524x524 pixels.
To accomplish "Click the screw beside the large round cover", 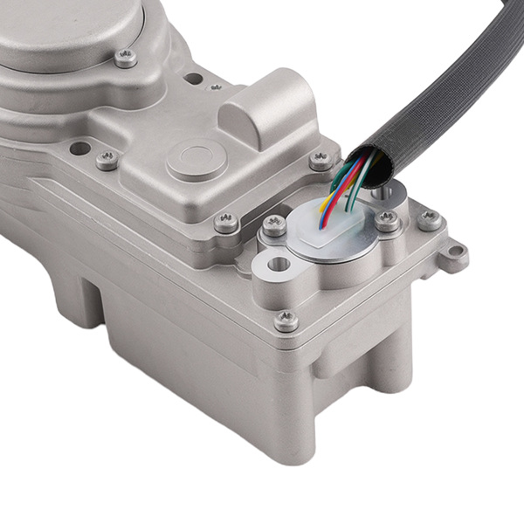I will (126, 59).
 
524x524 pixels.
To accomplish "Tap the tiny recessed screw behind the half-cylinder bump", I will (215, 86).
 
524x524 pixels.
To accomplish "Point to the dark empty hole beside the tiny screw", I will (193, 79).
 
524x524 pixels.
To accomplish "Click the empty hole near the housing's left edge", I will (79, 148).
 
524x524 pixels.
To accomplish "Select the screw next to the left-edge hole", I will (107, 160).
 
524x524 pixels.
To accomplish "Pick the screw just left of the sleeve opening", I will (321, 160).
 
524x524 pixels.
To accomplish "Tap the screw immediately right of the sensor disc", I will (387, 221).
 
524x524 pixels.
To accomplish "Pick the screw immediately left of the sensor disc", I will (274, 225).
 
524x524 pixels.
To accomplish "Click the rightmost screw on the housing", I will (429, 220).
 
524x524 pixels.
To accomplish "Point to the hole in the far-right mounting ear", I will (453, 254).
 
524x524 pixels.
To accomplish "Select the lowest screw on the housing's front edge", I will (286, 321).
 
